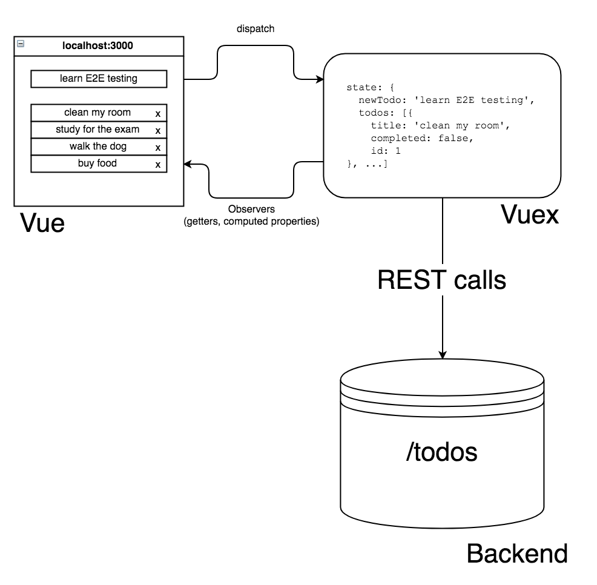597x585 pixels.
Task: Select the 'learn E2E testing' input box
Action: [x=98, y=79]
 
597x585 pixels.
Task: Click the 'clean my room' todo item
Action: [x=97, y=113]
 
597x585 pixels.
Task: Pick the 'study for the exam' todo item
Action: [x=97, y=130]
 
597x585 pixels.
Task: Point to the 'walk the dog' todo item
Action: [x=97, y=147]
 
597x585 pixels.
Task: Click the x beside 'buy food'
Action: [x=158, y=164]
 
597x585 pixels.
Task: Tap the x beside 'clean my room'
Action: [x=158, y=113]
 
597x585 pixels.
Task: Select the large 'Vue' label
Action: [x=42, y=222]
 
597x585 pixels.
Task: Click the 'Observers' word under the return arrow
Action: [x=251, y=210]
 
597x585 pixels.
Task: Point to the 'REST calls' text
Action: [x=441, y=280]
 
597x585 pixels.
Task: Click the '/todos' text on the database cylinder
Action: [x=441, y=452]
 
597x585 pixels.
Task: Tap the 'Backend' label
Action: [x=517, y=554]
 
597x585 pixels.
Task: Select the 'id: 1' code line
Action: [x=386, y=151]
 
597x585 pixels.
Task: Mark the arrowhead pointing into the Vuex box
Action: [x=320, y=79]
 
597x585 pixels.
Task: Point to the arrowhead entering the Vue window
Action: [x=188, y=164]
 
